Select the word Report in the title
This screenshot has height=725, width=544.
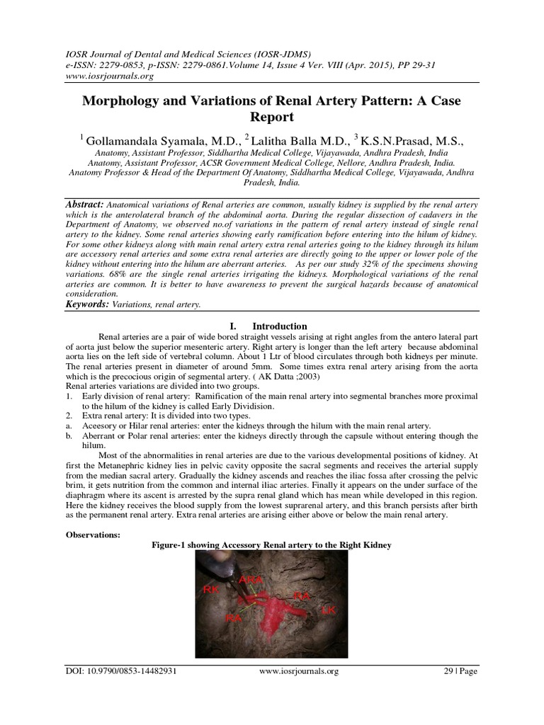coord(272,118)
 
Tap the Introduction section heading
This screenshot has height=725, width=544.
coord(280,326)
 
